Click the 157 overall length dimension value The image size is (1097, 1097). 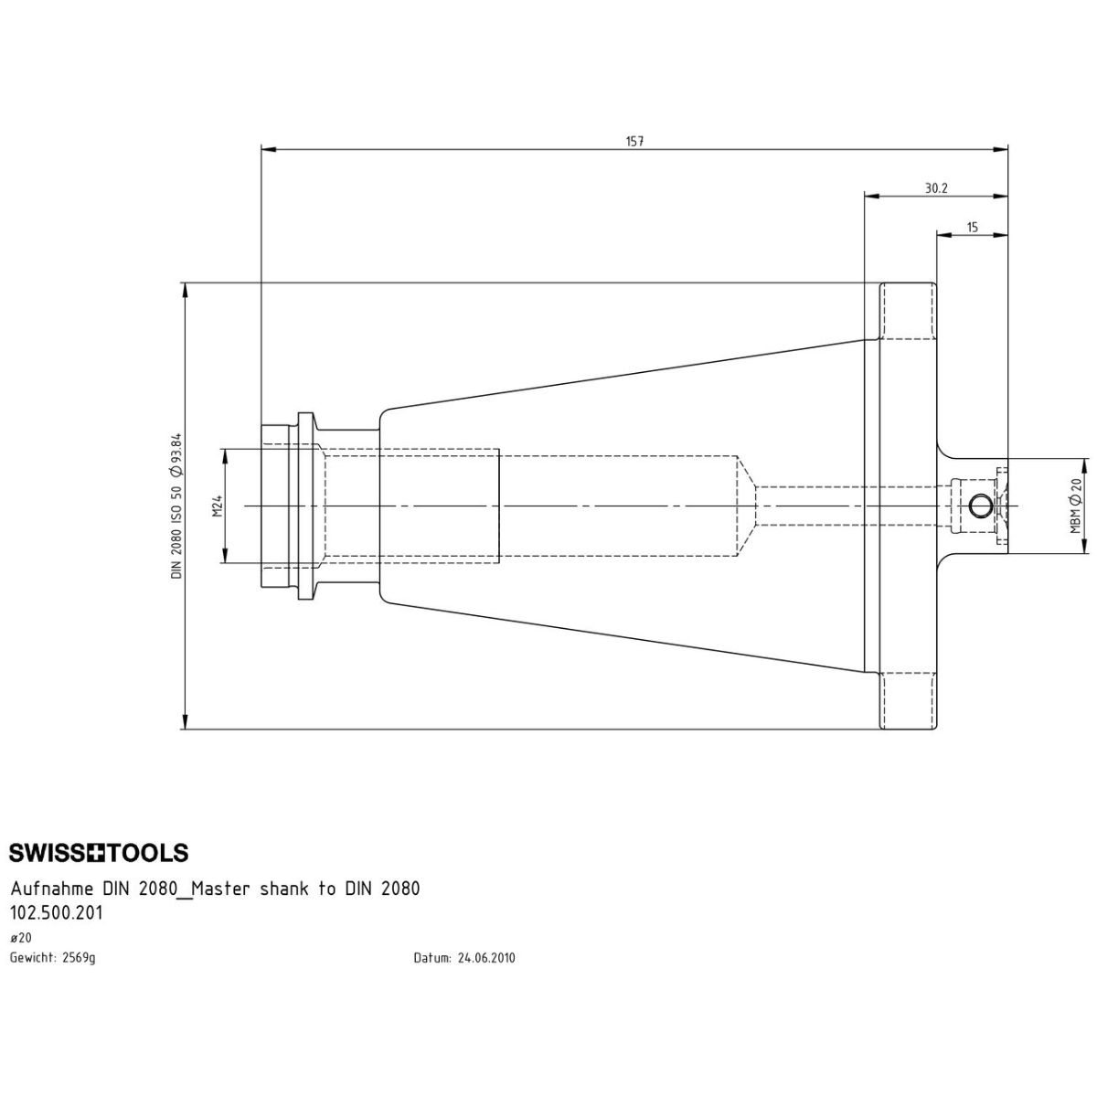pyautogui.click(x=634, y=141)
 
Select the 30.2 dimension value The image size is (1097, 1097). pyautogui.click(x=936, y=188)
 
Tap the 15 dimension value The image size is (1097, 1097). pyautogui.click(x=973, y=227)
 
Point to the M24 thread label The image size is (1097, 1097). pyautogui.click(x=218, y=506)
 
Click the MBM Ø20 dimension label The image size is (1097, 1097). pyautogui.click(x=1075, y=506)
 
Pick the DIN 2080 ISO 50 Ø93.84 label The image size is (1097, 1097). pyautogui.click(x=176, y=506)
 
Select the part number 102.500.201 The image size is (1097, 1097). pyautogui.click(x=57, y=913)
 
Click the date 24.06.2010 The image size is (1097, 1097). pyautogui.click(x=486, y=958)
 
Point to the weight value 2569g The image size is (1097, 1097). pyautogui.click(x=80, y=957)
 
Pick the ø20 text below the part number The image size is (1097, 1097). pyautogui.click(x=20, y=938)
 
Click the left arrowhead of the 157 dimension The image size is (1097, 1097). pyautogui.click(x=268, y=150)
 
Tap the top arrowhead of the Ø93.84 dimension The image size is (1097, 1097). pyautogui.click(x=184, y=290)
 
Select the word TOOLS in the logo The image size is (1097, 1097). pyautogui.click(x=148, y=853)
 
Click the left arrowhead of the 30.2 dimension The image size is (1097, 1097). pyautogui.click(x=871, y=196)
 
